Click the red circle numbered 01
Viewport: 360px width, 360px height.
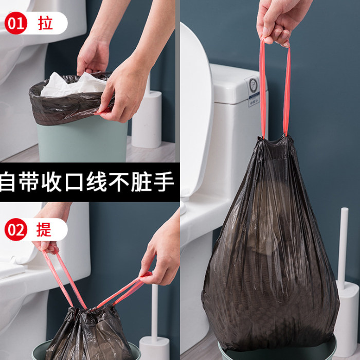pyautogui.click(x=16, y=23)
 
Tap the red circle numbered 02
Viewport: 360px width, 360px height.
pyautogui.click(x=16, y=229)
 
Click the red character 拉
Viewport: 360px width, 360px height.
pyautogui.click(x=45, y=23)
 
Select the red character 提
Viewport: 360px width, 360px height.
pyautogui.click(x=44, y=229)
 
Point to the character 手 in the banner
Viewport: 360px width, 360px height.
pyautogui.click(x=164, y=182)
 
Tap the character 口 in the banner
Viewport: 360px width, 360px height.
pyautogui.click(x=74, y=182)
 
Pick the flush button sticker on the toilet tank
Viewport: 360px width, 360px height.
pyautogui.click(x=254, y=92)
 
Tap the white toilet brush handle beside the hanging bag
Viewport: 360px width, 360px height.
pyautogui.click(x=343, y=248)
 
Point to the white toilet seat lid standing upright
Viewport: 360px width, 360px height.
pyautogui.click(x=196, y=110)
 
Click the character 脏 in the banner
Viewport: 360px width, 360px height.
pyautogui.click(x=141, y=182)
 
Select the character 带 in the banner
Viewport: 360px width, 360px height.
pyautogui.click(x=29, y=182)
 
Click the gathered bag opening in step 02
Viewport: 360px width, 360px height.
pyautogui.click(x=92, y=312)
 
